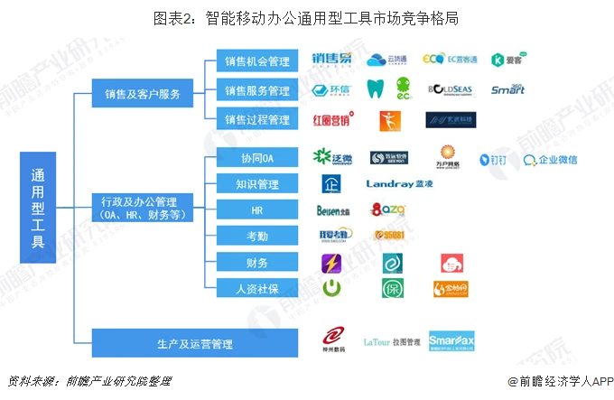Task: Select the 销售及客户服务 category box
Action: pyautogui.click(x=142, y=93)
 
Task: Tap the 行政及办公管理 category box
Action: pyautogui.click(x=142, y=208)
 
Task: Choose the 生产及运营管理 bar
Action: pyautogui.click(x=195, y=344)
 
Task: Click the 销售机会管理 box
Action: pyautogui.click(x=256, y=61)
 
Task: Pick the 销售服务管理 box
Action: pyautogui.click(x=256, y=90)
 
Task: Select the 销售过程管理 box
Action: pyautogui.click(x=256, y=119)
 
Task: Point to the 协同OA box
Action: pyautogui.click(x=256, y=159)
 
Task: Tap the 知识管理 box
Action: pyautogui.click(x=256, y=184)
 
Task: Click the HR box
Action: pyautogui.click(x=256, y=209)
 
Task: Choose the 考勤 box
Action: pyautogui.click(x=256, y=236)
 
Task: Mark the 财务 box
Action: pyautogui.click(x=256, y=263)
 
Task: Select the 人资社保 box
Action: pyautogui.click(x=256, y=289)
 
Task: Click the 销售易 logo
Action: pyautogui.click(x=333, y=60)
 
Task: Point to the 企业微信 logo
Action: pyautogui.click(x=551, y=160)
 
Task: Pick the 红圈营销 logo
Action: pyautogui.click(x=333, y=119)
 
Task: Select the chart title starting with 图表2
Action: pyautogui.click(x=306, y=16)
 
